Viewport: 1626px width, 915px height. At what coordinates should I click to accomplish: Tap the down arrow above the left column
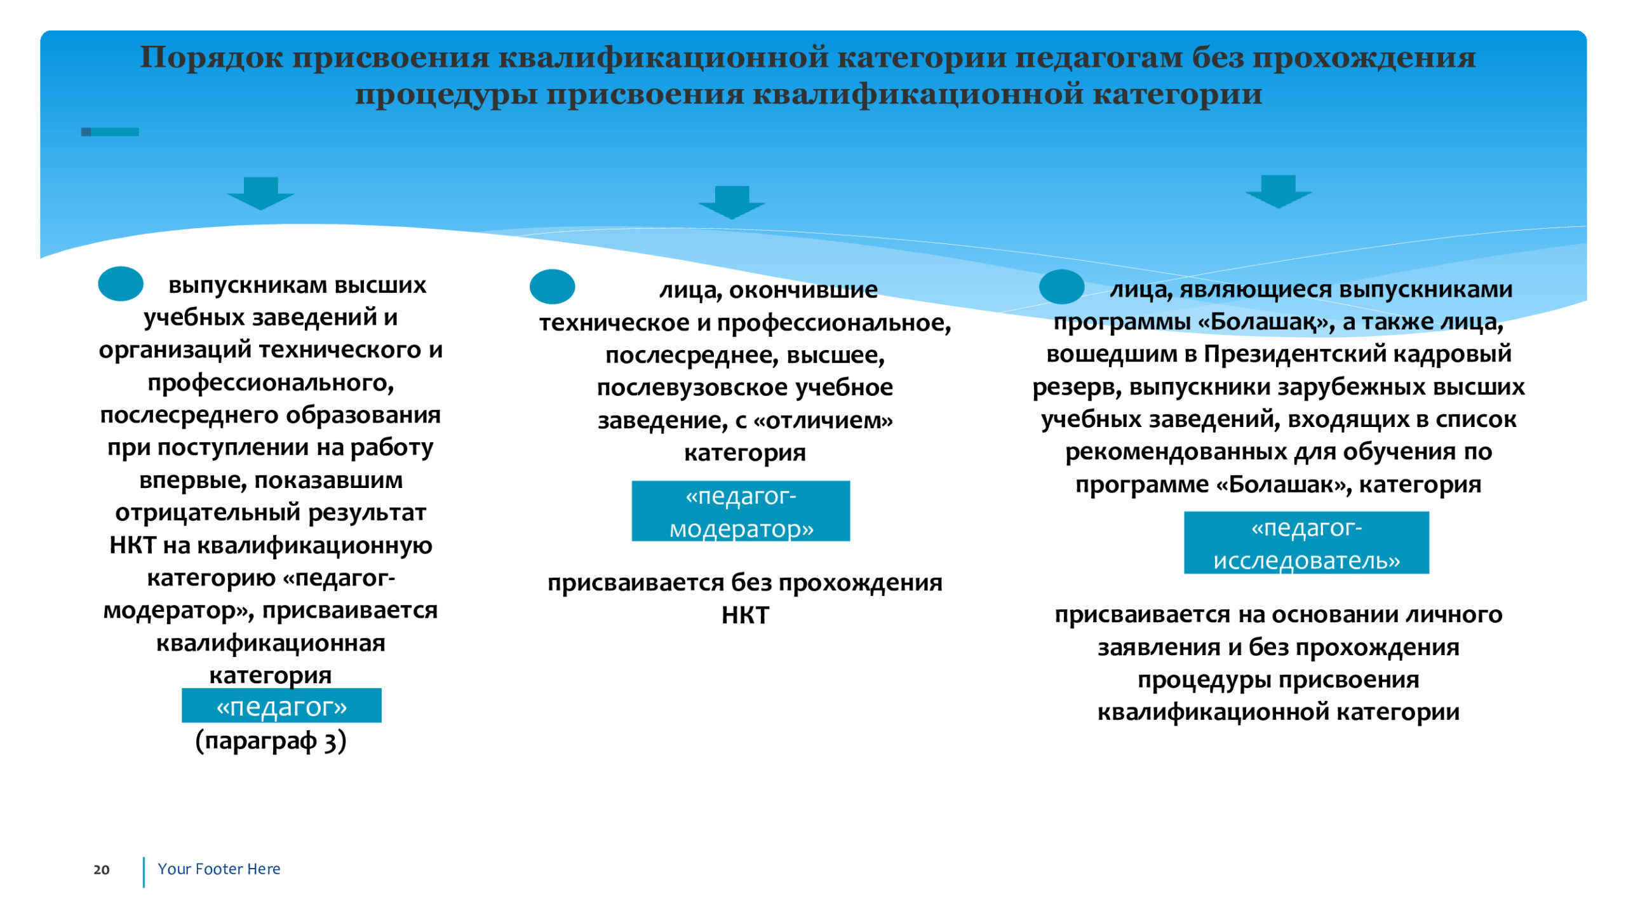pyautogui.click(x=261, y=193)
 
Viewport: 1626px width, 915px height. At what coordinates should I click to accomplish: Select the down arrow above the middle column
pyautogui.click(x=732, y=203)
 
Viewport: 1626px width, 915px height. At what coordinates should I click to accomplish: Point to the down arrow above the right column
pyautogui.click(x=1278, y=191)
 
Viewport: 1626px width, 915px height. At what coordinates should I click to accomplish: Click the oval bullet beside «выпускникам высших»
pyautogui.click(x=121, y=283)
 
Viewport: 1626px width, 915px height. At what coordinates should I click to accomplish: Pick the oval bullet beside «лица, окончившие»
pyautogui.click(x=552, y=287)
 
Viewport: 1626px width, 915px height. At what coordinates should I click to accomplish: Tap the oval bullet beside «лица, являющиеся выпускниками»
pyautogui.click(x=1061, y=287)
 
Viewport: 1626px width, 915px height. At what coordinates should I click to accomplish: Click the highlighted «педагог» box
pyautogui.click(x=281, y=705)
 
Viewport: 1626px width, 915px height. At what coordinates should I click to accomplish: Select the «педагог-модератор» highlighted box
pyautogui.click(x=741, y=511)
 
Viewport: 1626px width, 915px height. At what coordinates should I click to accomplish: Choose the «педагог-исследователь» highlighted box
pyautogui.click(x=1307, y=543)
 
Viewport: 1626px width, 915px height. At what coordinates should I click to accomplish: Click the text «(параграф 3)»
pyautogui.click(x=271, y=741)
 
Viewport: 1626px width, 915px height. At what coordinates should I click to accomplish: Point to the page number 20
pyautogui.click(x=102, y=870)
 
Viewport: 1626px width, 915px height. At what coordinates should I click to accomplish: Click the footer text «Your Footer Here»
pyautogui.click(x=219, y=869)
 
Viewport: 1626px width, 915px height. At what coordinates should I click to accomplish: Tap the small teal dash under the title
pyautogui.click(x=110, y=132)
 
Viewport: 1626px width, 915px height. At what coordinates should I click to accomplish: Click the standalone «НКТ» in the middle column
pyautogui.click(x=745, y=615)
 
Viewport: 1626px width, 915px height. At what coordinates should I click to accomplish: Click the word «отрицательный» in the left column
pyautogui.click(x=207, y=513)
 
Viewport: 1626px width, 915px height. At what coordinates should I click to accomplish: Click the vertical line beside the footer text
pyautogui.click(x=144, y=872)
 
